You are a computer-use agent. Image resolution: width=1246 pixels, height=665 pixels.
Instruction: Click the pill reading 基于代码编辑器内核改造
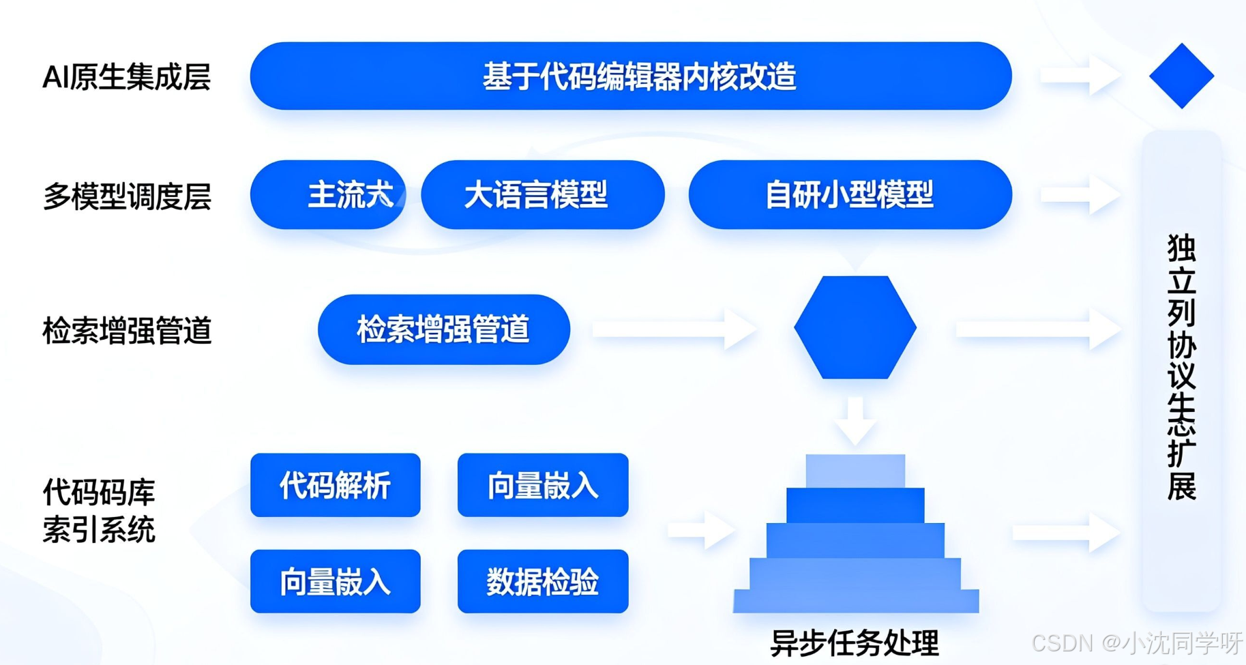631,76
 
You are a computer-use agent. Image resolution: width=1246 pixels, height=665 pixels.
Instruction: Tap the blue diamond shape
1181,76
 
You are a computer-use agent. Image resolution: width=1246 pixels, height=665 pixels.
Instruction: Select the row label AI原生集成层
126,77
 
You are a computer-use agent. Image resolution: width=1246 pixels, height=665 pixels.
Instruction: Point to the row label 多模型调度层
127,196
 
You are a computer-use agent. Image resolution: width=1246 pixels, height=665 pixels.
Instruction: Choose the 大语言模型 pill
543,195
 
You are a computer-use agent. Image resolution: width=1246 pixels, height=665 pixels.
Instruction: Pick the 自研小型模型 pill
850,195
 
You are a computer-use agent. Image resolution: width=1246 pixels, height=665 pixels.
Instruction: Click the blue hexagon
855,327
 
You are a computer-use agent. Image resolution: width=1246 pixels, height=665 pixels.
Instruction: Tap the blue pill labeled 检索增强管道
443,329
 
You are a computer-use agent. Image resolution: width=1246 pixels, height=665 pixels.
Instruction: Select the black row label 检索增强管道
127,331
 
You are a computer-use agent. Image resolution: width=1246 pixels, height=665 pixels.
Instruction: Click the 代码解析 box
335,486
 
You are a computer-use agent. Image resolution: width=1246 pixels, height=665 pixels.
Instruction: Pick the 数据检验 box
542,582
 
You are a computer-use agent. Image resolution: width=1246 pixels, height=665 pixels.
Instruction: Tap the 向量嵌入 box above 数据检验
542,486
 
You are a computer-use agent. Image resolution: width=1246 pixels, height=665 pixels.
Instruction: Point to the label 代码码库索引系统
100,510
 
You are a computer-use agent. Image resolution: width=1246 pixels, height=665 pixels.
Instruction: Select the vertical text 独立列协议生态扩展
1181,368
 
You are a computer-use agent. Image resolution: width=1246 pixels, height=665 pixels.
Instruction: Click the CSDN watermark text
1136,642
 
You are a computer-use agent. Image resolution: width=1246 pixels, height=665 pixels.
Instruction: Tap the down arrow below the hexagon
855,419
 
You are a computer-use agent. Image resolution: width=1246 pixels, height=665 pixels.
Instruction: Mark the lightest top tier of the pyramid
855,471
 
